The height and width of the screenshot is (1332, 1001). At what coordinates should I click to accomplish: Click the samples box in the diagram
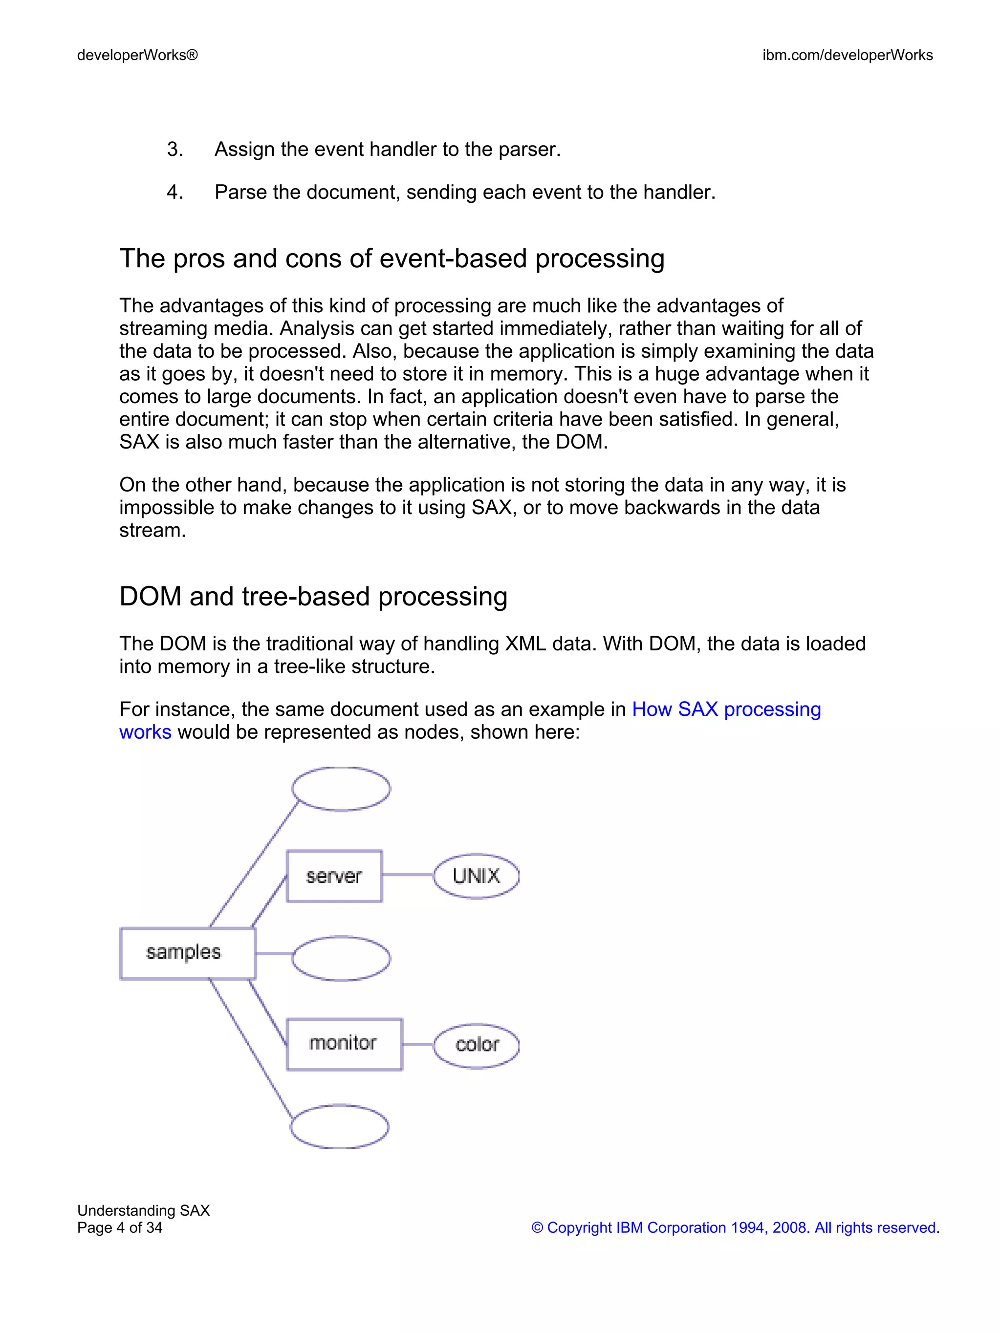coord(187,953)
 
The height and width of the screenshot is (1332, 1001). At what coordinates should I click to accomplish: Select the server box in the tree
coord(334,876)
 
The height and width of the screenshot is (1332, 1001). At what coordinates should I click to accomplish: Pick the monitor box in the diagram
coord(344,1044)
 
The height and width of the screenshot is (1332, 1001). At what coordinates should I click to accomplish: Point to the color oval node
coord(477,1045)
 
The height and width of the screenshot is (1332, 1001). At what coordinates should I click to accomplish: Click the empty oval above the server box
coord(341,788)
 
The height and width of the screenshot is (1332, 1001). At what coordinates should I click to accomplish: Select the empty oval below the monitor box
coord(340,1126)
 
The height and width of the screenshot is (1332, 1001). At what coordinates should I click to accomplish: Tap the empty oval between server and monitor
coord(341,958)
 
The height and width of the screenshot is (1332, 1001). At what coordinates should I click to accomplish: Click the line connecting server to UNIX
coord(408,874)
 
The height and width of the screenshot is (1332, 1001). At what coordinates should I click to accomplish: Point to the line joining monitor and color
coord(418,1044)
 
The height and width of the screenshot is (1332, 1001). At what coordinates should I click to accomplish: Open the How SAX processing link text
coord(726,709)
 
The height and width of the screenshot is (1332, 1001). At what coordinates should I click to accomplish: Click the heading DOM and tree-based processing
coord(313,596)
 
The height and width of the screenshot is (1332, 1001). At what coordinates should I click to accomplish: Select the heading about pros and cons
coord(392,258)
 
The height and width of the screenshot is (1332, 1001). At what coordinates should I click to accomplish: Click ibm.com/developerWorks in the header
coord(847,55)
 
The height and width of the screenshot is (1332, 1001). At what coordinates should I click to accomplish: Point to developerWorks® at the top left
coord(137,55)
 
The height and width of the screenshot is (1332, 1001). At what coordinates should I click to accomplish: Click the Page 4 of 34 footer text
coord(120,1228)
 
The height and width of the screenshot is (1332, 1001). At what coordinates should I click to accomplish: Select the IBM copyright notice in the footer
coord(735,1228)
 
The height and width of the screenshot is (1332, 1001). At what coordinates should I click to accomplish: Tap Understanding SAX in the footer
coord(143,1210)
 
